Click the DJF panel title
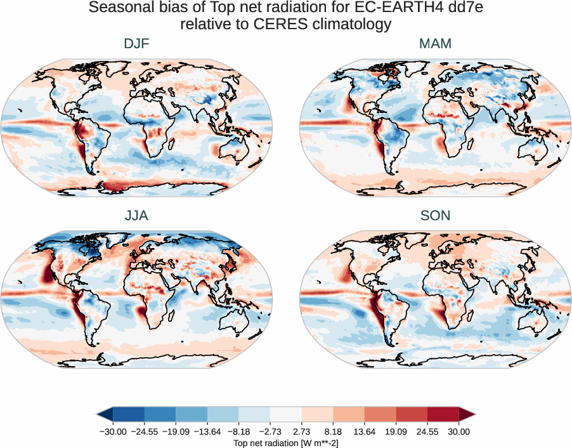(136, 44)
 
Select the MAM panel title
(435, 44)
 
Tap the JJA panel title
(136, 216)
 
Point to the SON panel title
(435, 216)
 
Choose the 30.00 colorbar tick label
(458, 432)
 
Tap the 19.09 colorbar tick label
(396, 432)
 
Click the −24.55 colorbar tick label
(145, 432)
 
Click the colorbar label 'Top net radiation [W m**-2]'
(286, 442)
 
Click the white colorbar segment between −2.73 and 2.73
(286, 414)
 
